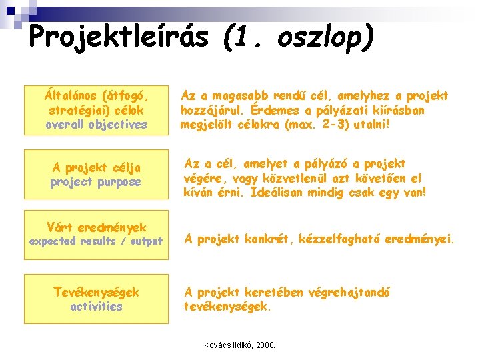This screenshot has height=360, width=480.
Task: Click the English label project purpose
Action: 96,181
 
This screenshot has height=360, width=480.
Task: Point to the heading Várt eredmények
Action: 96,227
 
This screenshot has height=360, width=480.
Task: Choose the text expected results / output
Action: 96,241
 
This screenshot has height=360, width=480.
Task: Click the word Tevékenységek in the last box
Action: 96,292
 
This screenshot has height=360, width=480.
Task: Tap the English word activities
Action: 96,306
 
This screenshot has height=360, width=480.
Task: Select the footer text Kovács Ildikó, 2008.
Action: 239,345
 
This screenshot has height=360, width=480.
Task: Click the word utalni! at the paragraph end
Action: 367,124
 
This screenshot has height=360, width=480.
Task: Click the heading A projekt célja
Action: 96,167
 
